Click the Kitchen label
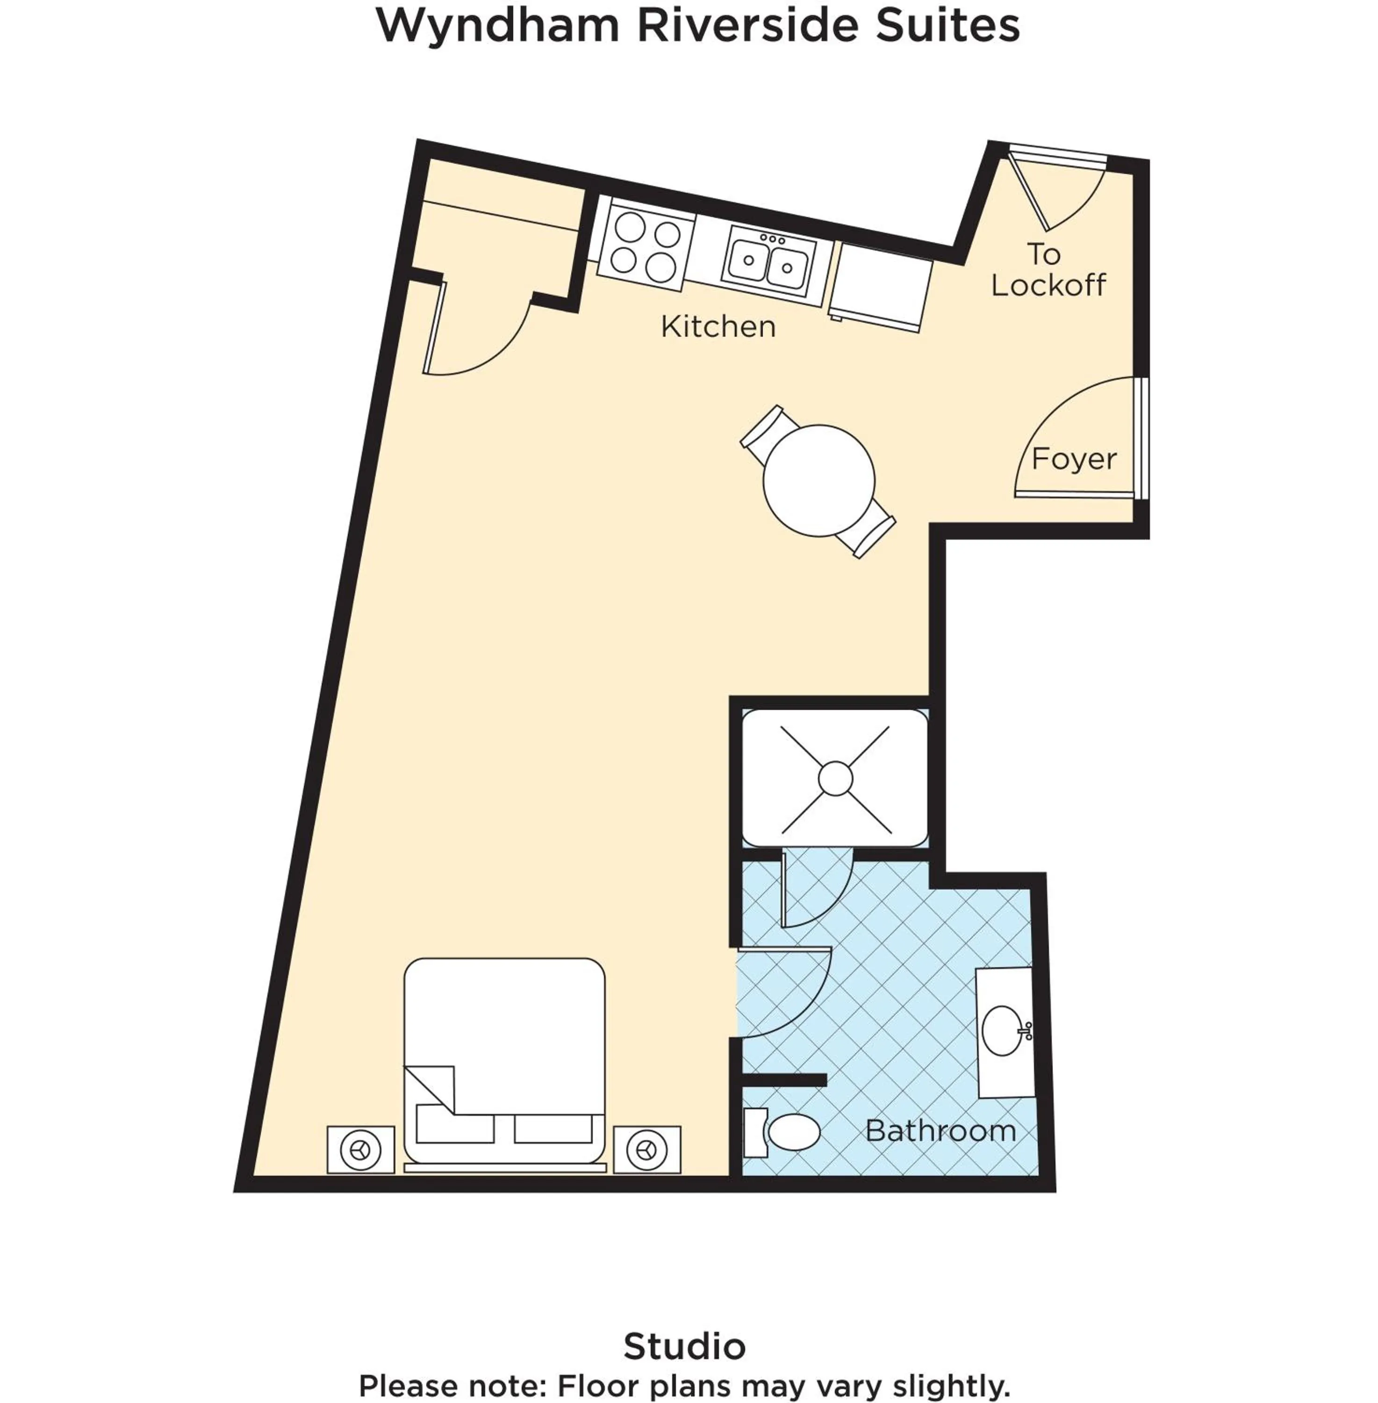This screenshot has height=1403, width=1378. click(718, 326)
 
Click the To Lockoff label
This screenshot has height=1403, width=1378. click(1047, 270)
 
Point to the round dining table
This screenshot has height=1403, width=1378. click(818, 481)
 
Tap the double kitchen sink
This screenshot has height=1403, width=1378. click(768, 260)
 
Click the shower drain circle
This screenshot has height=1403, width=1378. click(835, 778)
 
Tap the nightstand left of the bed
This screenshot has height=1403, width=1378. click(360, 1150)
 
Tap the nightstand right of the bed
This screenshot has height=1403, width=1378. click(646, 1150)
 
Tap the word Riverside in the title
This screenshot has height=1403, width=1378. click(747, 25)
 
